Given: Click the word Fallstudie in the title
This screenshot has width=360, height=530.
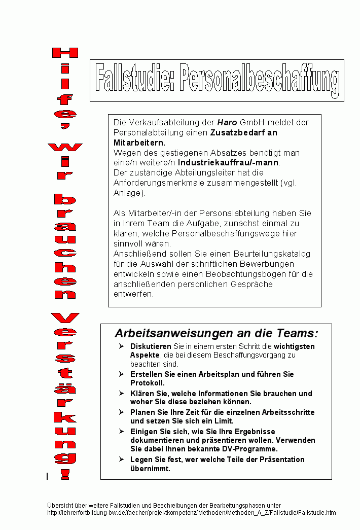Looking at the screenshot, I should [133, 81].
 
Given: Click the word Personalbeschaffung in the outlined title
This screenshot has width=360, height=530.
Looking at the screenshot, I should [259, 81].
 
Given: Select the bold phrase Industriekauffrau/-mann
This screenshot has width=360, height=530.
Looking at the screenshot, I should [228, 163].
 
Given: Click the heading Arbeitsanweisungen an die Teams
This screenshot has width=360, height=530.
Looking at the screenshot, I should [217, 333].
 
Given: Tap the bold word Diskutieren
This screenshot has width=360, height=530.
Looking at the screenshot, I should [151, 346].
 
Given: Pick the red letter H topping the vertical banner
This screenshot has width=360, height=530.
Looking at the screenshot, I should [65, 53].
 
